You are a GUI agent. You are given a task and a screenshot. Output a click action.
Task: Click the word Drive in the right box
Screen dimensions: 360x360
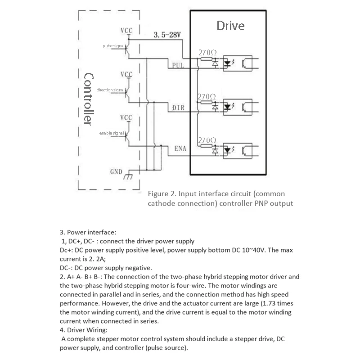pos(230,26)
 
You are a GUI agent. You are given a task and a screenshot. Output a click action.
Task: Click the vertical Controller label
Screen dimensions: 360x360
pos(89,99)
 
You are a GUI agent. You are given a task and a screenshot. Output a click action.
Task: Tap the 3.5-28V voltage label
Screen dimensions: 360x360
pos(167,35)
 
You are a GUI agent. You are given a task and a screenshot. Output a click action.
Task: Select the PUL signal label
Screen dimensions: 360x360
pos(178,65)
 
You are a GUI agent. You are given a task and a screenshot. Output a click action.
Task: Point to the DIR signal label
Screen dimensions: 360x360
pos(178,108)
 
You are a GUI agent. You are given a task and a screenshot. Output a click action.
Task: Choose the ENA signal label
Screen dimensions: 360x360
pos(180,148)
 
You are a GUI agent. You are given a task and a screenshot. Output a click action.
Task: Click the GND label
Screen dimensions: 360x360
pos(116,172)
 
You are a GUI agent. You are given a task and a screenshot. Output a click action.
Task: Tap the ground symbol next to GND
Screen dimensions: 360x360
pos(128,175)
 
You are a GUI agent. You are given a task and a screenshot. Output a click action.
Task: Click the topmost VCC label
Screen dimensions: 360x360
pos(126,31)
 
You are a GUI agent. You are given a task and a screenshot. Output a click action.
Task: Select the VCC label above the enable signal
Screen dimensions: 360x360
pos(126,118)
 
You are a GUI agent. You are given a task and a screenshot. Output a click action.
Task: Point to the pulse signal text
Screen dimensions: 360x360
pos(114,46)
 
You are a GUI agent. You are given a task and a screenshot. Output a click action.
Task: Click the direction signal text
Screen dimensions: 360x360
pos(111,90)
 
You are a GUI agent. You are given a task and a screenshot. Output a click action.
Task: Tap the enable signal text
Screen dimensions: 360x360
pos(112,133)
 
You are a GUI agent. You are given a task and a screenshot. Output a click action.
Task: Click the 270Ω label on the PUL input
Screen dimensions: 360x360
pos(207,53)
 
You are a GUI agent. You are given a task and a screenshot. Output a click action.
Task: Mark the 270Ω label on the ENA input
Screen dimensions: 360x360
pos(207,140)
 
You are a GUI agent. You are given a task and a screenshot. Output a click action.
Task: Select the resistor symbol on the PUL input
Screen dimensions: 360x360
pos(207,59)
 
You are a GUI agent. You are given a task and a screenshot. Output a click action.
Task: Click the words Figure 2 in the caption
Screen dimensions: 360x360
pos(162,194)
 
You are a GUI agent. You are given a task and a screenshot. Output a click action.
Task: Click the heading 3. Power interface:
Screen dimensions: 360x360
pos(88,232)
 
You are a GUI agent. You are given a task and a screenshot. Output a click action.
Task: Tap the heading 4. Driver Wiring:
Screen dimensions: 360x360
pos(84,330)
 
